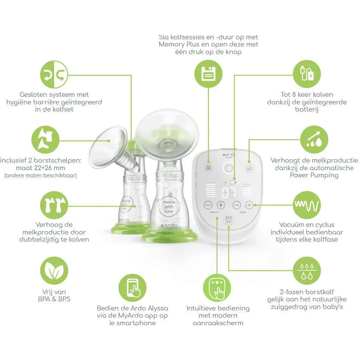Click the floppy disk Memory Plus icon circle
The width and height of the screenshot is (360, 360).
coord(208,74)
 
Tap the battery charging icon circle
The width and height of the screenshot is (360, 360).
coord(307,74)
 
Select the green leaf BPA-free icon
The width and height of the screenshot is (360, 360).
coord(54,271)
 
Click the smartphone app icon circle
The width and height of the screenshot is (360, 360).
coord(132,288)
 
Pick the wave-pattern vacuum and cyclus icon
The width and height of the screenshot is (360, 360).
coord(307,205)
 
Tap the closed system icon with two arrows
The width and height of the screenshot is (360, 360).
coord(54,74)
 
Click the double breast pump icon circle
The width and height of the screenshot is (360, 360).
coord(54,205)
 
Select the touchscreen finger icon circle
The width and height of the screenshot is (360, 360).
coord(217,288)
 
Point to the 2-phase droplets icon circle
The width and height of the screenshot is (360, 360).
coord(307,271)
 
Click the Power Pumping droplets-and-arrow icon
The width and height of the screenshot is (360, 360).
coord(314,140)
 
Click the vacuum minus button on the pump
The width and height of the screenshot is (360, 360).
coord(208,205)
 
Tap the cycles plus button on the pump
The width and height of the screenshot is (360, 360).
coord(249,205)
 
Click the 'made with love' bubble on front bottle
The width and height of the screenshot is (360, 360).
coord(169,206)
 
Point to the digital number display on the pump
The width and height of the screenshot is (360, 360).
coord(228,192)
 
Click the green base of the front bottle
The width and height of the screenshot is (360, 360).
coord(170,236)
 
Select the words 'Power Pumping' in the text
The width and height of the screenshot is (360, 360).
coord(314,175)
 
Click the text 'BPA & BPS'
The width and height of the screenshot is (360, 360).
coord(54,299)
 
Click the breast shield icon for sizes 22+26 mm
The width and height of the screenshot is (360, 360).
coord(45,140)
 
